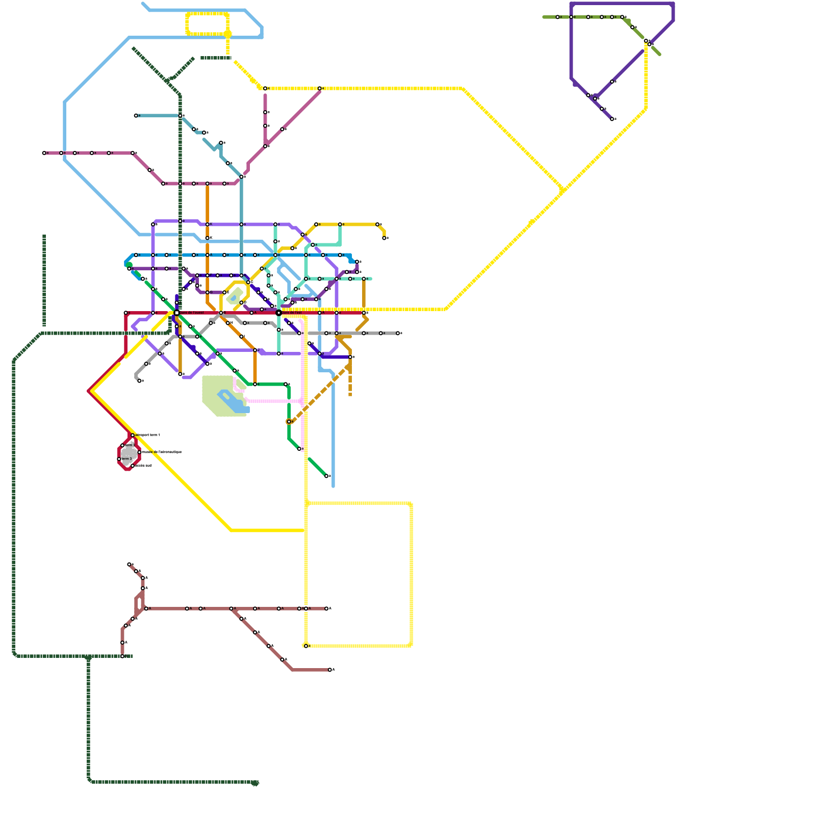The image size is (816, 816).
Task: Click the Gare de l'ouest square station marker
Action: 176,313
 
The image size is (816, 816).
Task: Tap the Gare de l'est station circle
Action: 278,313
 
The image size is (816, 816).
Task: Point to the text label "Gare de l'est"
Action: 292,313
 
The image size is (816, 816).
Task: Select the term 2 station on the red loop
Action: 122,445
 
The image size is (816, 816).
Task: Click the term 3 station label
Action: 127,459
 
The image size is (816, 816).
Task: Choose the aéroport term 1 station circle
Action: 133,435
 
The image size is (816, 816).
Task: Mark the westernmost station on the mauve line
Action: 44,153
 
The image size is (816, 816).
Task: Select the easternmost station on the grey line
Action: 398,333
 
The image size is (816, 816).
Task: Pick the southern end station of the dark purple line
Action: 612,119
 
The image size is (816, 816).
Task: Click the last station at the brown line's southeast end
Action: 330,670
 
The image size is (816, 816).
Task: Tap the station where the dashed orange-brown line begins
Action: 289,422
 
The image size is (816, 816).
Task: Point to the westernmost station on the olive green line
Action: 557,17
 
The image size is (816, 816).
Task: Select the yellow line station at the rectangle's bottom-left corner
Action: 306,646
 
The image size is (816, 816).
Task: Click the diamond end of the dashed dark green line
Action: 256,783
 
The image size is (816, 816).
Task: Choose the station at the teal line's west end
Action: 136,116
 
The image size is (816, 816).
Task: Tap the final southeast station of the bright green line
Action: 326,476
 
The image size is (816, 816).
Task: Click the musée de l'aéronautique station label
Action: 161,452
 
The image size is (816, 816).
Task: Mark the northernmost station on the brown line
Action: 129,564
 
